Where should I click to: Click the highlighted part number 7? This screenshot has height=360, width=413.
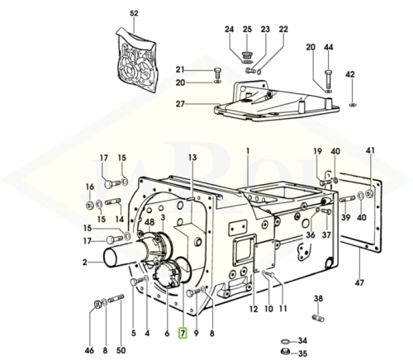(x=183, y=333)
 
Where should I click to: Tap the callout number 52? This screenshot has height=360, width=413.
(x=134, y=13)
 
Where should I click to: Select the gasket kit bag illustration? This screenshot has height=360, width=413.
(x=135, y=59)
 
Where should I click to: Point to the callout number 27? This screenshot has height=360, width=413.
(x=180, y=104)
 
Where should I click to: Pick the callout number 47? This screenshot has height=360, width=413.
(x=359, y=282)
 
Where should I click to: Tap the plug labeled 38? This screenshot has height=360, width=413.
(x=319, y=317)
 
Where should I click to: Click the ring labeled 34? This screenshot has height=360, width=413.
(x=286, y=342)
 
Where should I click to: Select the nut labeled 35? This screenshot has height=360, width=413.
(x=286, y=352)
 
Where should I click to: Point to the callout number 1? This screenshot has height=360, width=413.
(x=248, y=151)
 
